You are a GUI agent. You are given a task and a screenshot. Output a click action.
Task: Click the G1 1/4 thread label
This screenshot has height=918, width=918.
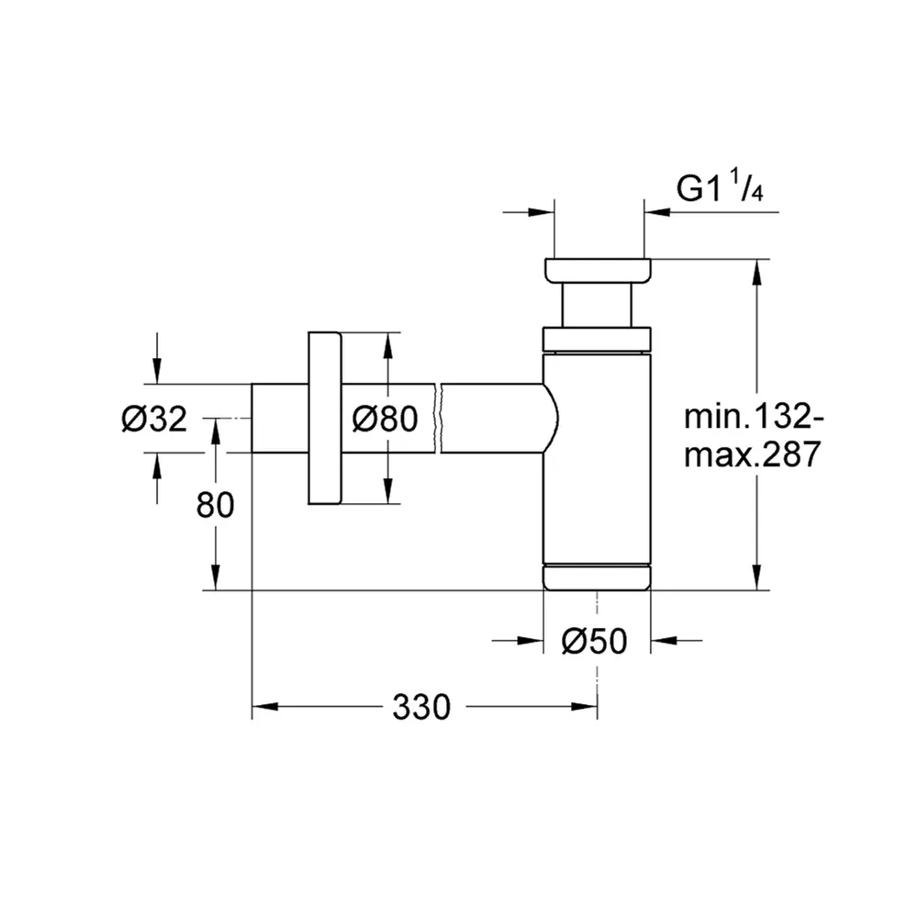(x=721, y=189)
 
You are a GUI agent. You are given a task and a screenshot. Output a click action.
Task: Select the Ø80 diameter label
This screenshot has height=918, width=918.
(x=386, y=420)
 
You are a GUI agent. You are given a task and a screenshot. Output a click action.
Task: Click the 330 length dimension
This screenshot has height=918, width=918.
(x=422, y=707)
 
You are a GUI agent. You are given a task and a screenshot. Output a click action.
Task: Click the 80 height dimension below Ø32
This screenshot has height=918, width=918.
(x=216, y=505)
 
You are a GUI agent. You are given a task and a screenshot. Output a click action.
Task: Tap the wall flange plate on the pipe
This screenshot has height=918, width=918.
(x=324, y=419)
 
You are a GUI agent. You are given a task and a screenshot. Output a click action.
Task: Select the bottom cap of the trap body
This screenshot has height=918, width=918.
(x=597, y=577)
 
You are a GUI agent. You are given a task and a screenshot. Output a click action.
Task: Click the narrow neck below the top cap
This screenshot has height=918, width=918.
(x=598, y=305)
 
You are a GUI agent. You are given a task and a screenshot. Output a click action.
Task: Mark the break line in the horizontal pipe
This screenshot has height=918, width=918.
(x=441, y=419)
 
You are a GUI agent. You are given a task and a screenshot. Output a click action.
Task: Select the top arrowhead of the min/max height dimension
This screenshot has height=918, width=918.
(x=756, y=272)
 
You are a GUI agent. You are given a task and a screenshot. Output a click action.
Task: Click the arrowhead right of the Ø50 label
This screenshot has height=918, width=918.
(x=663, y=642)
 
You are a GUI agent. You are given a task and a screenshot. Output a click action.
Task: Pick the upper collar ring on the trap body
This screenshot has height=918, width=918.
(x=598, y=340)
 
